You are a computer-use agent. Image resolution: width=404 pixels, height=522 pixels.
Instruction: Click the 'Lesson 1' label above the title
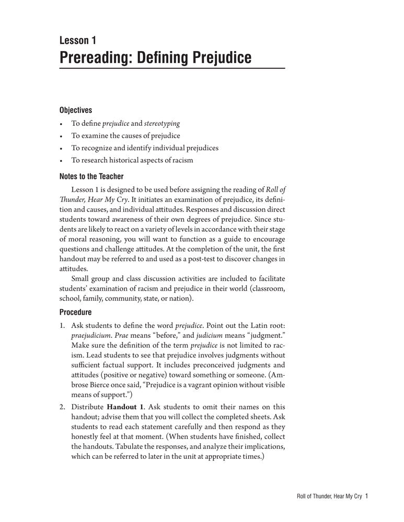[78, 40]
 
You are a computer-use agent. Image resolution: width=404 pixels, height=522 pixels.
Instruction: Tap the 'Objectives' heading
[76, 110]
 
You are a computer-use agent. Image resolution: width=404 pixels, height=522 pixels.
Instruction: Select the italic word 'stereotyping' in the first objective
[163, 124]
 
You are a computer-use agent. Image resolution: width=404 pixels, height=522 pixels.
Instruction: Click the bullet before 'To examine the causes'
[61, 136]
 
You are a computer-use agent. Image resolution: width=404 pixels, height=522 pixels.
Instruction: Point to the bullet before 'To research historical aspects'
[61, 160]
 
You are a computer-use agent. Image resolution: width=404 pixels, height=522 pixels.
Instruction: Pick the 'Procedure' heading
[76, 312]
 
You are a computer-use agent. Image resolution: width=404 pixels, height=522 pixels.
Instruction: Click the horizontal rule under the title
[172, 69]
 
